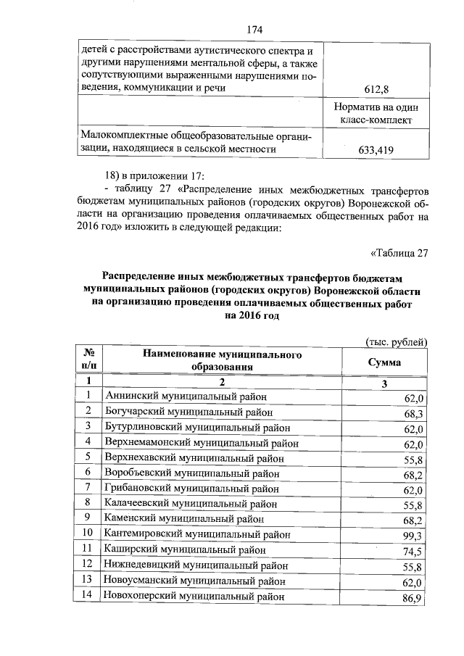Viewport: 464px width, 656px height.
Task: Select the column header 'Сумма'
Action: click(384, 362)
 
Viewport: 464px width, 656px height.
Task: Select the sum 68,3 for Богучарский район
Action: click(413, 414)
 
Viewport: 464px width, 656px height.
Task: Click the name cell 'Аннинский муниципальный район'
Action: click(186, 396)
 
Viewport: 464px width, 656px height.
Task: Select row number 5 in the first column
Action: click(87, 457)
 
